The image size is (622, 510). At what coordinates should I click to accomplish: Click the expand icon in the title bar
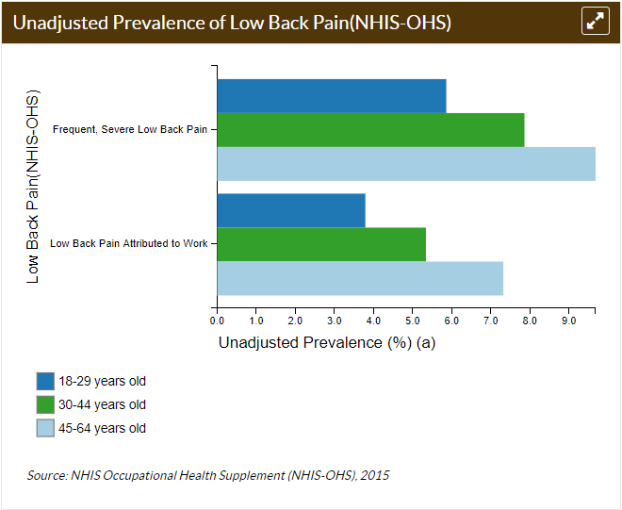[x=595, y=22]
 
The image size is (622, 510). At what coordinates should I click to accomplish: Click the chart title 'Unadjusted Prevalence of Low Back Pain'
[x=232, y=22]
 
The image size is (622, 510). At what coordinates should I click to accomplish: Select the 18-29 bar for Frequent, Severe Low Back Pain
[x=331, y=96]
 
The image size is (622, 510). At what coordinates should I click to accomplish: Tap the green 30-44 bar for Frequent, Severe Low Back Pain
[x=370, y=130]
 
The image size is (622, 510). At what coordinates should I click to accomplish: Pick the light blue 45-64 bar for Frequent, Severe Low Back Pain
[x=406, y=164]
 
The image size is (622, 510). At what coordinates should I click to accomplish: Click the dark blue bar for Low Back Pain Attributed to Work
[x=291, y=210]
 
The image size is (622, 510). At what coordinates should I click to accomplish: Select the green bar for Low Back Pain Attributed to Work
[x=321, y=244]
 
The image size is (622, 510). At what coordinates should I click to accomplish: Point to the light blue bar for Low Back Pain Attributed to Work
[x=360, y=278]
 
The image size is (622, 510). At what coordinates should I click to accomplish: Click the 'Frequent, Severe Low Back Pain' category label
[x=130, y=129]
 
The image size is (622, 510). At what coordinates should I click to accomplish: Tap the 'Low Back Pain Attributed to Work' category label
[x=128, y=243]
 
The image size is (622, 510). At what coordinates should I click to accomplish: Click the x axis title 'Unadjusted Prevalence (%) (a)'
[x=326, y=343]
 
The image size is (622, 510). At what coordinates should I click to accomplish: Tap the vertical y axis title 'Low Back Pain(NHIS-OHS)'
[x=33, y=187]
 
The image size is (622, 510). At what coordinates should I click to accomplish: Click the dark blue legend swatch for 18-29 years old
[x=45, y=382]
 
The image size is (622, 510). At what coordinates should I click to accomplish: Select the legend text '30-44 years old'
[x=102, y=405]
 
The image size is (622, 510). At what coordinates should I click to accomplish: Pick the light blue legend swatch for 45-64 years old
[x=45, y=429]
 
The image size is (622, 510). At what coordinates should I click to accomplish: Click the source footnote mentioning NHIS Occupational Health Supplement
[x=208, y=475]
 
